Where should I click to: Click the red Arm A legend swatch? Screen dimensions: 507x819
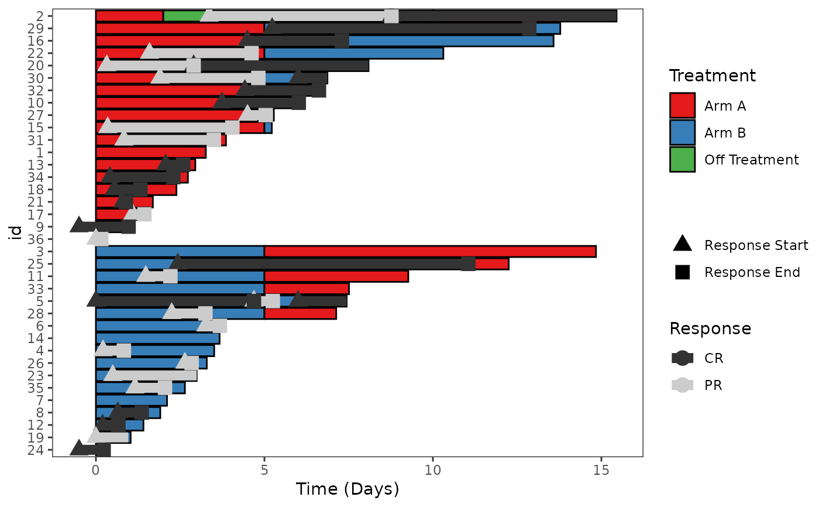coord(682,106)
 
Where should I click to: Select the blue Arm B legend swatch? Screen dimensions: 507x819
coord(682,133)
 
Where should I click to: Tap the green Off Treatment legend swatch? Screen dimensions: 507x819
coord(682,159)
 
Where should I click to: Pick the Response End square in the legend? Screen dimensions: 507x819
coord(682,272)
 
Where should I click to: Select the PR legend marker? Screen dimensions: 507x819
coord(682,385)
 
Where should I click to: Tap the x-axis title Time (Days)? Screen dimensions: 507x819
coord(347,489)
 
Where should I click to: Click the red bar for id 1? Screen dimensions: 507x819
coord(151,152)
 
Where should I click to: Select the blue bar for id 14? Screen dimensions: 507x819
coord(157,338)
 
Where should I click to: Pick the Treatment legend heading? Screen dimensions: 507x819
coord(713,76)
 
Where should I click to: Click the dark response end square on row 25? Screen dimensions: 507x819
coord(468,264)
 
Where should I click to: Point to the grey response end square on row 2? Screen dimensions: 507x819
coord(391,16)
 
